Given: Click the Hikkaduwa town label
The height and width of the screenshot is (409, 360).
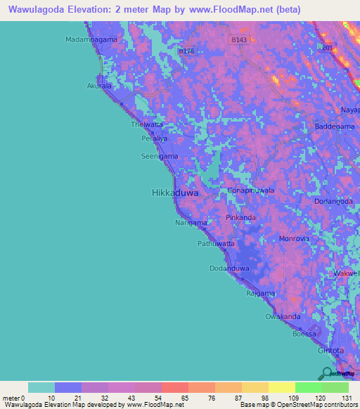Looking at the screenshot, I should pyautogui.click(x=175, y=192).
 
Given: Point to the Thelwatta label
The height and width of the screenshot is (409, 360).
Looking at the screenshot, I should pyautogui.click(x=147, y=124).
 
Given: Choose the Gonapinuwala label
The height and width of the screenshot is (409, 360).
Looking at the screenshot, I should pyautogui.click(x=250, y=190).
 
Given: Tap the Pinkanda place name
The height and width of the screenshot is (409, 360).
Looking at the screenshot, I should pyautogui.click(x=240, y=218).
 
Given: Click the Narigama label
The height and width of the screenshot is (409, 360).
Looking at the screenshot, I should pyautogui.click(x=191, y=223).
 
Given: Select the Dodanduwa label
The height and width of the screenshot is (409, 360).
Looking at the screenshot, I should pyautogui.click(x=229, y=268).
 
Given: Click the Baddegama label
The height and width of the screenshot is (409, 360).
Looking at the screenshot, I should pyautogui.click(x=334, y=126).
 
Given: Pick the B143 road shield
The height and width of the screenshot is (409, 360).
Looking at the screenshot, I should pyautogui.click(x=240, y=40).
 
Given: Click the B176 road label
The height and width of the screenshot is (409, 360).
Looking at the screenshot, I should pyautogui.click(x=186, y=51).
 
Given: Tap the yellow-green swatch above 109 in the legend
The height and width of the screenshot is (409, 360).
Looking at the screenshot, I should pyautogui.click(x=281, y=387).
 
